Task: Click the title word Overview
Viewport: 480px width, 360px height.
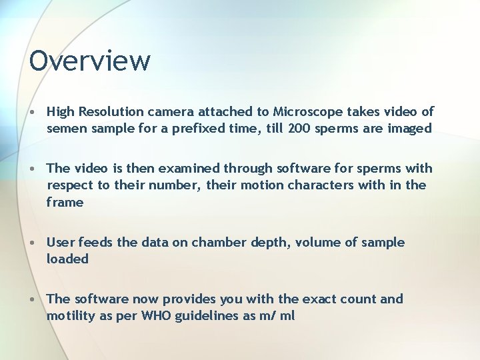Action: point(90,61)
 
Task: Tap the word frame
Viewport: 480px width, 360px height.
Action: point(65,201)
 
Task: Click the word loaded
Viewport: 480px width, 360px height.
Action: point(67,259)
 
